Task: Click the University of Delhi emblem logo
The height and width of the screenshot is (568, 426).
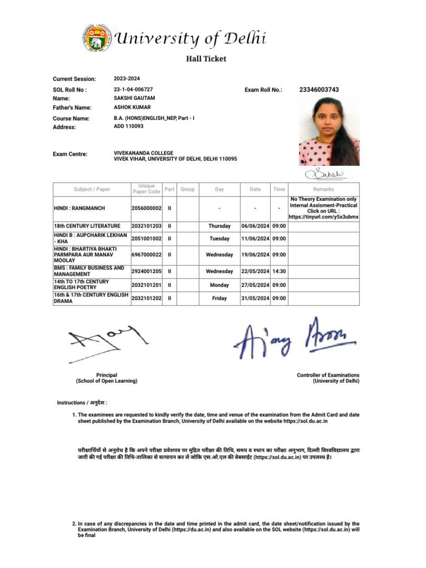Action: [96, 39]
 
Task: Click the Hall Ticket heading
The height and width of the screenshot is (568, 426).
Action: [205, 59]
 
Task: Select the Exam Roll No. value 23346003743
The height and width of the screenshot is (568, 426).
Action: [319, 89]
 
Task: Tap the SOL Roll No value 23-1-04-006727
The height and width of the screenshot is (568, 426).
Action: [133, 89]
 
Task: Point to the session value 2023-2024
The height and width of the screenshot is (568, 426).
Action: [127, 79]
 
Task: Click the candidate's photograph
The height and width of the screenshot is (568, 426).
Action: [329, 131]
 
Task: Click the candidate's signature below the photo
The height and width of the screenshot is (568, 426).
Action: [328, 174]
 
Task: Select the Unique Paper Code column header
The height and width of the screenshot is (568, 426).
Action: [146, 189]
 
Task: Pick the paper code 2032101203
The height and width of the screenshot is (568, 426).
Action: [146, 226]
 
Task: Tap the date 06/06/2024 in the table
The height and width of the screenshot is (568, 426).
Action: [255, 226]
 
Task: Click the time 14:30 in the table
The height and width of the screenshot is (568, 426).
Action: [279, 271]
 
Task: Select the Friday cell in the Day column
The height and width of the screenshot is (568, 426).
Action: [219, 298]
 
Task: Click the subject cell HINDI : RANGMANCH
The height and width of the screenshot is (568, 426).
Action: [79, 208]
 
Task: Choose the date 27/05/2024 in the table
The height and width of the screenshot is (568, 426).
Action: [255, 285]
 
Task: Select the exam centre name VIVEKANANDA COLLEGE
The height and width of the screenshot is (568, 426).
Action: [143, 153]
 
